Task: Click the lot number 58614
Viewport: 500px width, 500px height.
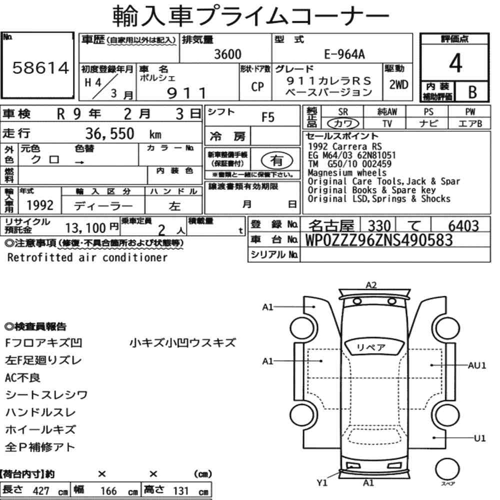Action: (40, 68)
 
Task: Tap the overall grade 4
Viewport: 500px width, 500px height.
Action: (455, 63)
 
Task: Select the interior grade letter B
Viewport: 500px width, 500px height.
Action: (472, 92)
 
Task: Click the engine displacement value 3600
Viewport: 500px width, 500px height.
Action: (227, 54)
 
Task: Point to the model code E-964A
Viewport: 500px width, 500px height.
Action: (344, 54)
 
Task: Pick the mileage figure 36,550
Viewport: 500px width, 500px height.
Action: (109, 133)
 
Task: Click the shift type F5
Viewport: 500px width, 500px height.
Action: (268, 117)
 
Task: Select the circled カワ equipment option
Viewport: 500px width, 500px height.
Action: (343, 123)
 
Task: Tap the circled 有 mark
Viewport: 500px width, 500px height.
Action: (276, 160)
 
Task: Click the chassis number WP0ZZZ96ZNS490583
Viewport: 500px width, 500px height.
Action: (379, 240)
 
